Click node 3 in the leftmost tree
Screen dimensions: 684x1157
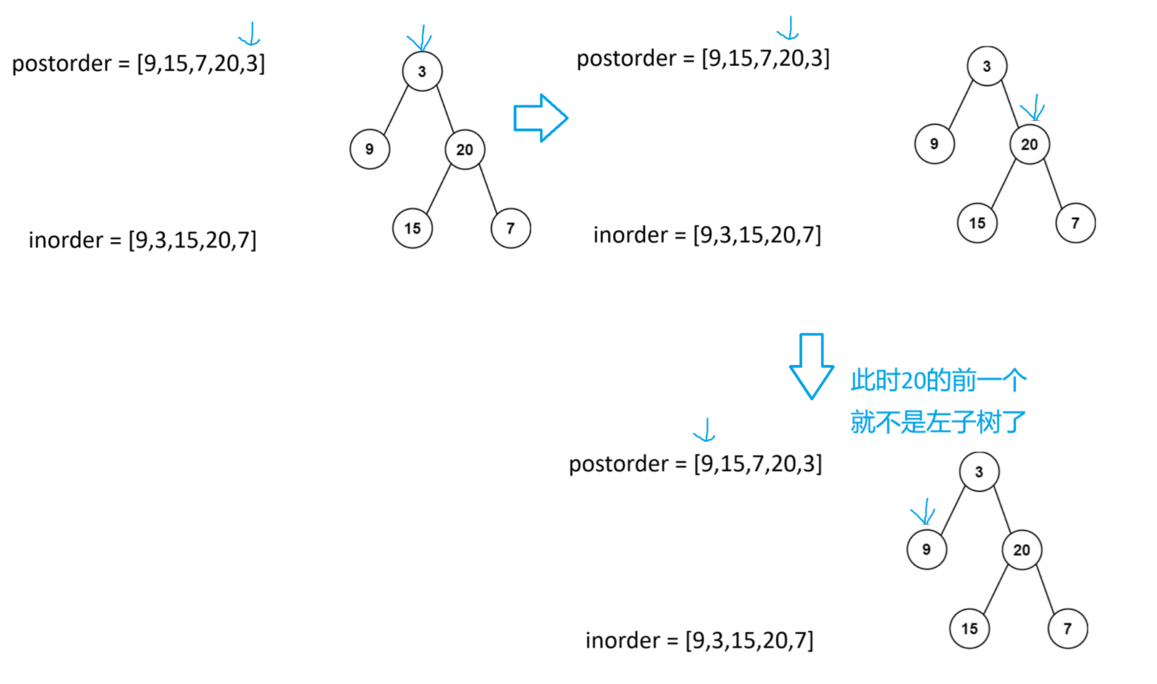click(422, 71)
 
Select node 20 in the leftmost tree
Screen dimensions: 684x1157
click(464, 150)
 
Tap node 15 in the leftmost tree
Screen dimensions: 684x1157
click(412, 228)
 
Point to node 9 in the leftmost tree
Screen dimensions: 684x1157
click(370, 149)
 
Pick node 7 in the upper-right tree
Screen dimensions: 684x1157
click(1075, 223)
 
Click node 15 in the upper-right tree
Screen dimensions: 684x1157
click(977, 223)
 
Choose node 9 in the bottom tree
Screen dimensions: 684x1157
click(926, 549)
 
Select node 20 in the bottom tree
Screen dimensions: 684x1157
click(1022, 550)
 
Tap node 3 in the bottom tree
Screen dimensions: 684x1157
click(979, 472)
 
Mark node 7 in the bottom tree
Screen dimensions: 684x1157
click(1067, 628)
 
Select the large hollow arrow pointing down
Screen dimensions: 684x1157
click(811, 366)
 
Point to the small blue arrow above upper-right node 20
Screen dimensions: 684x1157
click(1034, 108)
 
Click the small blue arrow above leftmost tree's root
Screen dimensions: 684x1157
click(420, 38)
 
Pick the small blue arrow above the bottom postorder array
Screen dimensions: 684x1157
click(705, 429)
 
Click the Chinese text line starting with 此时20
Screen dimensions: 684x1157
click(938, 380)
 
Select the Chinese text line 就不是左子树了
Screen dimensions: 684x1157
click(938, 422)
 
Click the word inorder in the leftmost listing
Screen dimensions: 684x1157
click(66, 240)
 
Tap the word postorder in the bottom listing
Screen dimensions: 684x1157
click(618, 464)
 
